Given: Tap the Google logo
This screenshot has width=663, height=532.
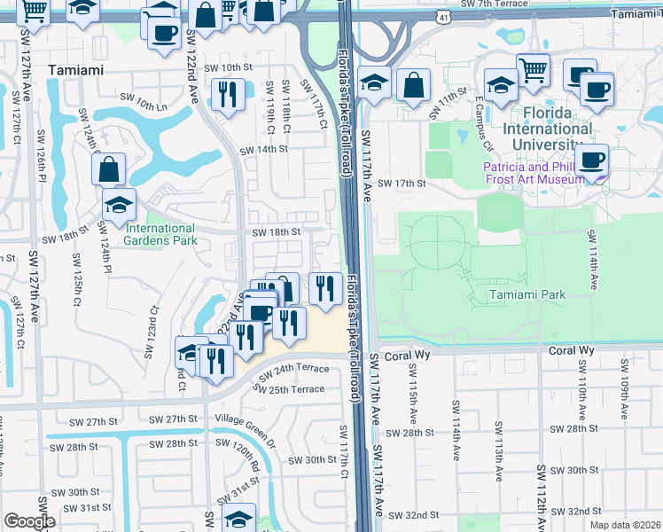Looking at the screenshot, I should pyautogui.click(x=29, y=521).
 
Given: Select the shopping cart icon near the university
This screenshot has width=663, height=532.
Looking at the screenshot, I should pyautogui.click(x=533, y=69).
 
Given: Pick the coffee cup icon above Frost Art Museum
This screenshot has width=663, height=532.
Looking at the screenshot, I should pyautogui.click(x=591, y=160).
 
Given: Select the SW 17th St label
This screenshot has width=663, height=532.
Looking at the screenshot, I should pyautogui.click(x=402, y=184).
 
